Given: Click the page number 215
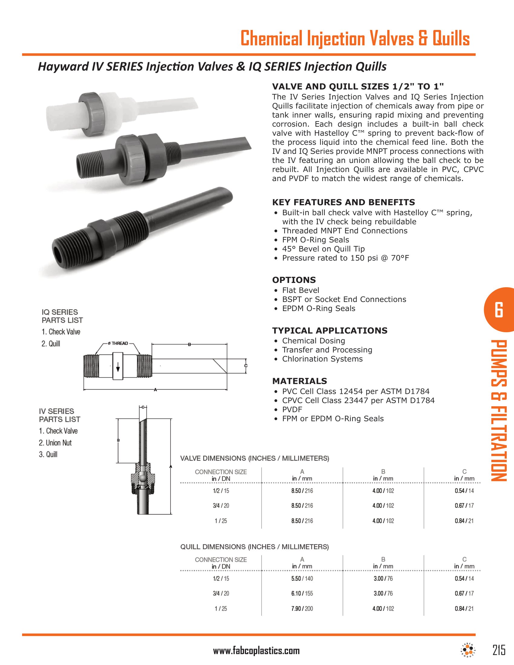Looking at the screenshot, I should tap(499, 650).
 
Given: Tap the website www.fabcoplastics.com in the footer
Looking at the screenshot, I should tap(256, 651).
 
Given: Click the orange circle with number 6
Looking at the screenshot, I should tap(499, 310).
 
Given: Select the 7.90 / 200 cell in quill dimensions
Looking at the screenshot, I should tap(302, 608).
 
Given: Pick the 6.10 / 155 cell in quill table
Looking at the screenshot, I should tap(302, 593).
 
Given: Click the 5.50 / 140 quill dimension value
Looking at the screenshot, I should tap(302, 578).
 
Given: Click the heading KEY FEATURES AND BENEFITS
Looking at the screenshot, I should tap(343, 202).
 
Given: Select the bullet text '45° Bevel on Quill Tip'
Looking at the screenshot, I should tap(323, 249).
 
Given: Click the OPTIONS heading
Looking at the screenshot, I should tap(294, 280).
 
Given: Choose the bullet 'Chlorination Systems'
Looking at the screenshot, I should tap(322, 359).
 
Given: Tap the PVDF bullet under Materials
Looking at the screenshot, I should tap(292, 409).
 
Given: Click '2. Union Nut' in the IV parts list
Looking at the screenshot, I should tap(55, 443).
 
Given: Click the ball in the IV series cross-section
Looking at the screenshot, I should tap(142, 479).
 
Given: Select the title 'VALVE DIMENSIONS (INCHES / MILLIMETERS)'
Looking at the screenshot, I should tap(255, 458).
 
